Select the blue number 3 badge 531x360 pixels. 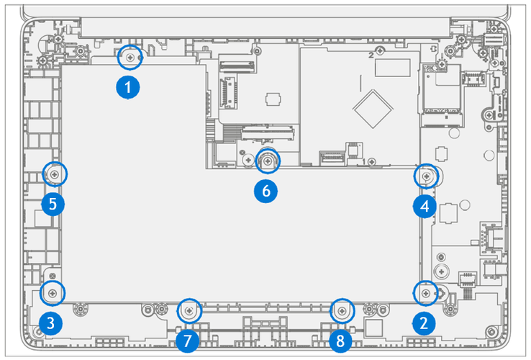(x=49, y=323)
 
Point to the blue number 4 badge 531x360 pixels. (x=425, y=207)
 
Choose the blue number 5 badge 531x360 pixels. (x=53, y=204)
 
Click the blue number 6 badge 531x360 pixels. (x=265, y=192)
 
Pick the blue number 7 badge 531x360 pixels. (x=187, y=339)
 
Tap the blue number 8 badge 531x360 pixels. (x=341, y=339)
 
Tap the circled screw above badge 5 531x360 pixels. (x=55, y=174)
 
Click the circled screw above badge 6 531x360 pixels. (x=268, y=161)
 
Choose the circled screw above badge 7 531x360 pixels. (x=189, y=311)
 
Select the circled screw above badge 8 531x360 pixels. (x=342, y=311)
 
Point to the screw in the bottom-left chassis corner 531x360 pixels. (x=37, y=332)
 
